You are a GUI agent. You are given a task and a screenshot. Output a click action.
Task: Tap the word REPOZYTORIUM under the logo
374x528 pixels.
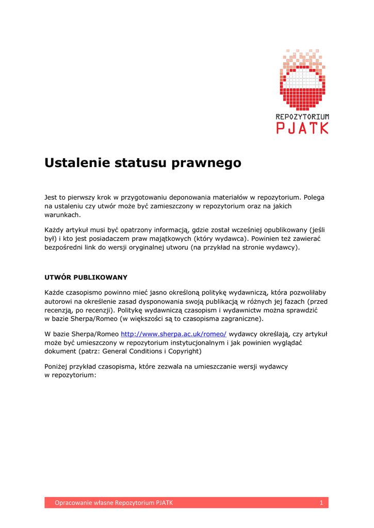[302, 117]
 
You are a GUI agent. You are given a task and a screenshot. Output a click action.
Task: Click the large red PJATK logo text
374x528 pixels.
[302, 128]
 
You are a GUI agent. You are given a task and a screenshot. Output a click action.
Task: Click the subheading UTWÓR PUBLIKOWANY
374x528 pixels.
[86, 277]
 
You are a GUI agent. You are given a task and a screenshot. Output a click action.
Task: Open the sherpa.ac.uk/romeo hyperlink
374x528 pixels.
[173, 334]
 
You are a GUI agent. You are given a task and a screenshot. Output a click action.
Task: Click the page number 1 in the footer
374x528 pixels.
[321, 503]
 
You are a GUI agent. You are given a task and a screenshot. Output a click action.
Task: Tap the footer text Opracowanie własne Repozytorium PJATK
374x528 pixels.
[114, 503]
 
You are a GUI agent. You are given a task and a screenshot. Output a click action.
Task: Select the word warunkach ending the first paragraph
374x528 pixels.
[62, 214]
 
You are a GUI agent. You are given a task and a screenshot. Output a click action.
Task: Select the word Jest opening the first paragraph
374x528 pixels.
[51, 197]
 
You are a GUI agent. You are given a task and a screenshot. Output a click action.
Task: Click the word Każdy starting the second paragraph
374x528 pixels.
[55, 229]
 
